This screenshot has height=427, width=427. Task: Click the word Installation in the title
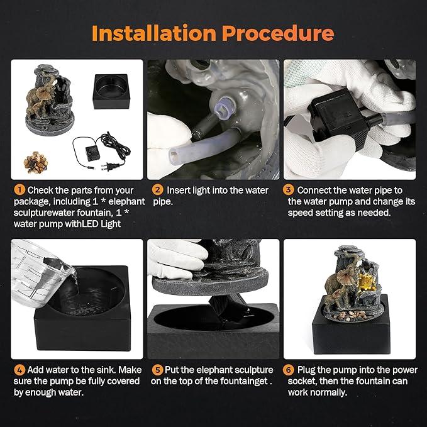[154, 33]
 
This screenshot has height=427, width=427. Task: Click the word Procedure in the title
[278, 33]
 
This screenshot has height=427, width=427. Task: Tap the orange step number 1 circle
[19, 190]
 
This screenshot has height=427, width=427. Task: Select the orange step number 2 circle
[158, 190]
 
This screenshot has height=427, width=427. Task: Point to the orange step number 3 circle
[288, 190]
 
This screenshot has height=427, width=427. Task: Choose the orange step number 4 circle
[19, 370]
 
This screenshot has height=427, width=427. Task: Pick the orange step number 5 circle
[157, 370]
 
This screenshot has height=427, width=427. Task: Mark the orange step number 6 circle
[289, 370]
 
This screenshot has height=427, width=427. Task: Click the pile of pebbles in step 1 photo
[36, 163]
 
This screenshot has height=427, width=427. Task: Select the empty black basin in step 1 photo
[111, 92]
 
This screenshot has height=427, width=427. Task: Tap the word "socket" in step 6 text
[302, 381]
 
